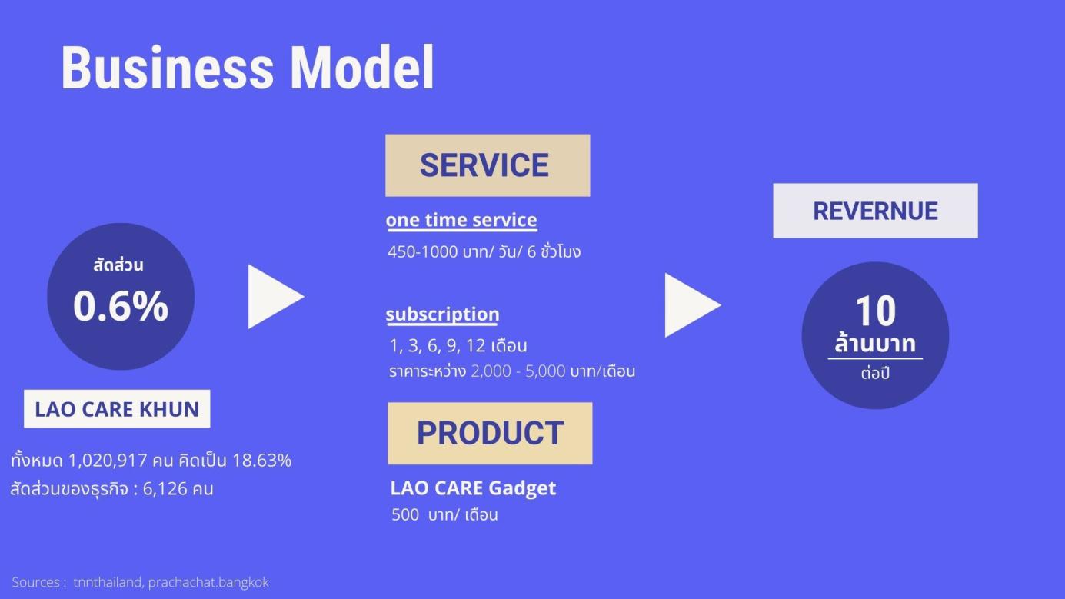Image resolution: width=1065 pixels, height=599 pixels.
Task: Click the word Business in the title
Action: click(166, 68)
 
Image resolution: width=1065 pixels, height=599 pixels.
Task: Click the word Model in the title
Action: click(361, 68)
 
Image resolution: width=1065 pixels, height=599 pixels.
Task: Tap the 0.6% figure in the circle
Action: click(121, 306)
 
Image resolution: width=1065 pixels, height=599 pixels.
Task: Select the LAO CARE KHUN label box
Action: click(117, 409)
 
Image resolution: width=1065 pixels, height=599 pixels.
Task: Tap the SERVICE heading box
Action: click(488, 165)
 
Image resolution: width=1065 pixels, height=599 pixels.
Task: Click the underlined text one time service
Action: click(461, 220)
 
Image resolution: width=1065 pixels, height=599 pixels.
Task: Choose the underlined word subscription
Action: click(442, 314)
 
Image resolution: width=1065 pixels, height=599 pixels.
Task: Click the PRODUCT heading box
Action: click(490, 434)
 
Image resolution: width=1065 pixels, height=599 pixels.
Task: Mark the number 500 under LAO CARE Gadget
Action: click(405, 515)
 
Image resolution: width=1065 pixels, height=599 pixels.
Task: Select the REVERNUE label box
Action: click(875, 211)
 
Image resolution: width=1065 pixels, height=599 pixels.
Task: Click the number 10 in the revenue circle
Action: click(875, 311)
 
